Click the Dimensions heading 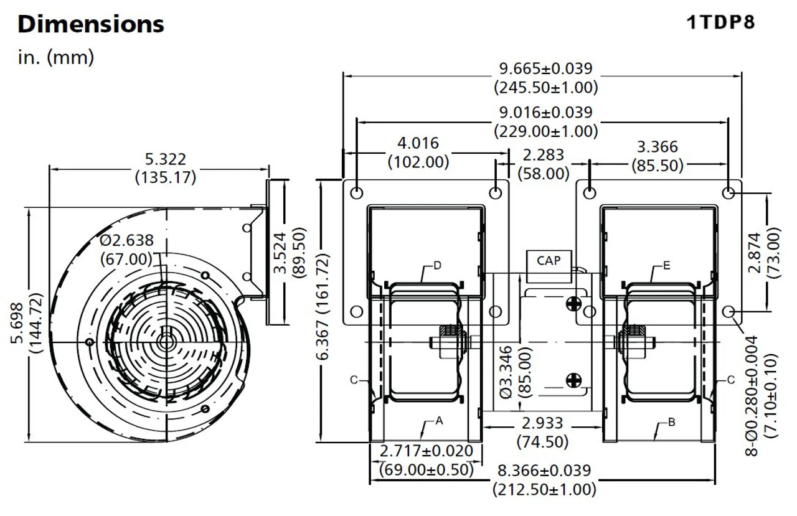click(x=91, y=24)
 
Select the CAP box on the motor click(x=548, y=261)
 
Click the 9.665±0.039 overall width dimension click(x=546, y=68)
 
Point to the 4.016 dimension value click(x=418, y=144)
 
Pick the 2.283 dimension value click(x=544, y=154)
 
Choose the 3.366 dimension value click(x=658, y=148)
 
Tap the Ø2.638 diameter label click(x=126, y=240)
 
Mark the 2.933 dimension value click(x=542, y=424)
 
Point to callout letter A click(x=439, y=421)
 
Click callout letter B click(x=671, y=422)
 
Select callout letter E click(x=666, y=266)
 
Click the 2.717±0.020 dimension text click(x=427, y=451)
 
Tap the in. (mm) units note click(x=56, y=57)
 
